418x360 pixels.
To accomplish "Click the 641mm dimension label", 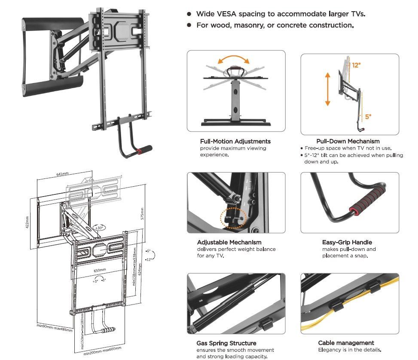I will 62,175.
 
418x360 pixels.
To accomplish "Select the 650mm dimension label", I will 100,270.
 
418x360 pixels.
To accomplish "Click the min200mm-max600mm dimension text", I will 103,351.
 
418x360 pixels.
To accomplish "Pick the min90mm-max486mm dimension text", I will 55,329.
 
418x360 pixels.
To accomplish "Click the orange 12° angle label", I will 356,65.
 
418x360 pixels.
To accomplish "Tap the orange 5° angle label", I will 368,117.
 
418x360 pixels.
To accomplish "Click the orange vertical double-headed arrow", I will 327,89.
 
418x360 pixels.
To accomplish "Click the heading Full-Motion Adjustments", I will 235,141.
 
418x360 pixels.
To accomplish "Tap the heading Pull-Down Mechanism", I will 348,141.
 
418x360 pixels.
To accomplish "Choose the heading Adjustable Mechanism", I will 229,242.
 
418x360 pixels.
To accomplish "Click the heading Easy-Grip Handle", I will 347,242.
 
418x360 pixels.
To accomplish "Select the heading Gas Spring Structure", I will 226,343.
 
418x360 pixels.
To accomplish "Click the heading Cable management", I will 346,343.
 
